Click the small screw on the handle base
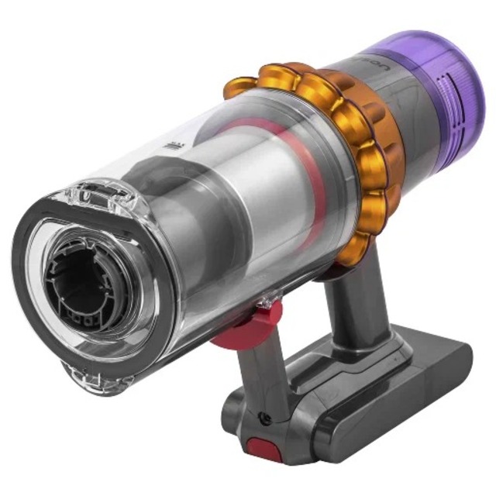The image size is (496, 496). pos(266,418)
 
